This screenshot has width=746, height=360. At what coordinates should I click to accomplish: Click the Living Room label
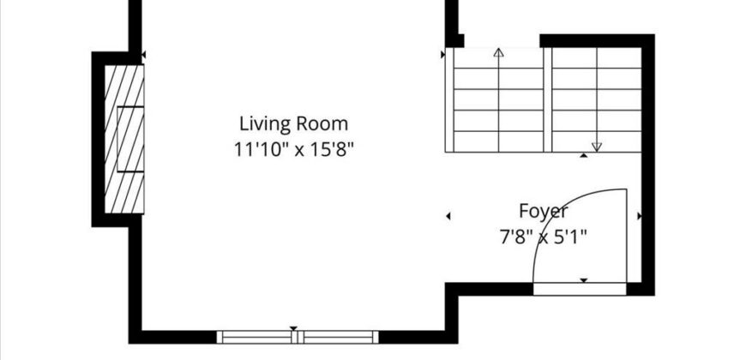coord(293,123)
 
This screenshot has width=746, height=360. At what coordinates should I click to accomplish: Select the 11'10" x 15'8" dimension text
coord(294,150)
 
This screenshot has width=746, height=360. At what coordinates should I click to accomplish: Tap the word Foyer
coord(544,211)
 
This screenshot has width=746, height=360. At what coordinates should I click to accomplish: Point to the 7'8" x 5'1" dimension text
coord(544,237)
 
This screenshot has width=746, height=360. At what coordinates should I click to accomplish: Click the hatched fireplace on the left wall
coord(124,139)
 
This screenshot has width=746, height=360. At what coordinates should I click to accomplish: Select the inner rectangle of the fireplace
coord(130,139)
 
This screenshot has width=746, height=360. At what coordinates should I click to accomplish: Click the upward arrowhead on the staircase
coord(498,52)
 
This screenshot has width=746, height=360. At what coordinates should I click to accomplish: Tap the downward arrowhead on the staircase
coord(597,147)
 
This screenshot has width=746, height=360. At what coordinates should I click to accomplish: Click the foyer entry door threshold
coord(580,289)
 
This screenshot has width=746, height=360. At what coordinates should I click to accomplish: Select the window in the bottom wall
coord(298,337)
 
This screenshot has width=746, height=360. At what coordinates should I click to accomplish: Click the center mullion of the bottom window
coord(298,337)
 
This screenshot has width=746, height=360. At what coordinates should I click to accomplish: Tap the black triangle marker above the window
coord(293,328)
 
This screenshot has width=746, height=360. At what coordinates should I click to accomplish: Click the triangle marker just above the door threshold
coord(584,280)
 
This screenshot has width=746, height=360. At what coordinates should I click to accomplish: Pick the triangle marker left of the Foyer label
coord(448,216)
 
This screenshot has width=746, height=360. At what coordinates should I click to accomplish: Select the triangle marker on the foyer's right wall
coord(639,216)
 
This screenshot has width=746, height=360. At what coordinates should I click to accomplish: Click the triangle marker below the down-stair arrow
coord(584,155)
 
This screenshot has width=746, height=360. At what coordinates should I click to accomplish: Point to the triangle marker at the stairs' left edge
coord(443,55)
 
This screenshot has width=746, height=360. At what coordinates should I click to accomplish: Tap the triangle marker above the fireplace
coord(144,55)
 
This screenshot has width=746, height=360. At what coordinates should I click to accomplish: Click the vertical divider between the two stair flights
coord(548,100)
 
